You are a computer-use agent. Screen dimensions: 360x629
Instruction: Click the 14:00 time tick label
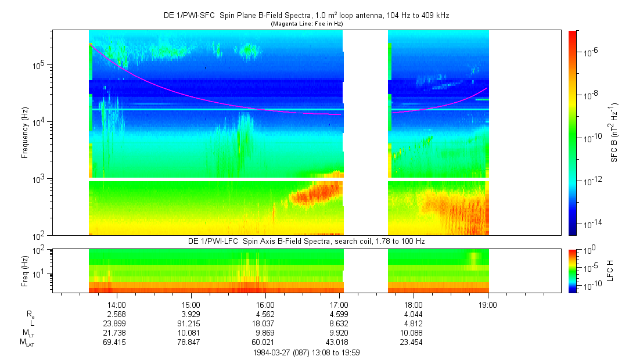(x=117, y=304)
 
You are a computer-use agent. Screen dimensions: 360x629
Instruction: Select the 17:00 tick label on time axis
(x=339, y=304)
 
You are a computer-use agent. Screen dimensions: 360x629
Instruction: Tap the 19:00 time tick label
(x=488, y=304)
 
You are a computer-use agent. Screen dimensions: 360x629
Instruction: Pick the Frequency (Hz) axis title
(x=25, y=133)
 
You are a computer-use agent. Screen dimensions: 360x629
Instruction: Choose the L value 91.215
(x=191, y=323)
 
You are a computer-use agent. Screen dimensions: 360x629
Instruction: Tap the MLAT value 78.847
(x=191, y=343)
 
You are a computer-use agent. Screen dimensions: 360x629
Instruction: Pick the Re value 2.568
(x=117, y=314)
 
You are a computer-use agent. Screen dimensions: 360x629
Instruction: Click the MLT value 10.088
(x=414, y=333)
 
